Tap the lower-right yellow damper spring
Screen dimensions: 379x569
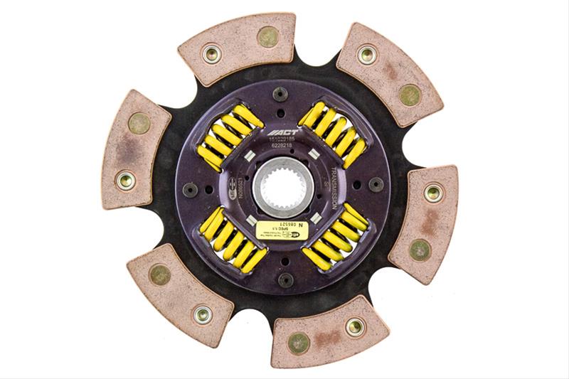334,238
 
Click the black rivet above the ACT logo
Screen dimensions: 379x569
280,93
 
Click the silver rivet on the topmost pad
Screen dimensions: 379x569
212,53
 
